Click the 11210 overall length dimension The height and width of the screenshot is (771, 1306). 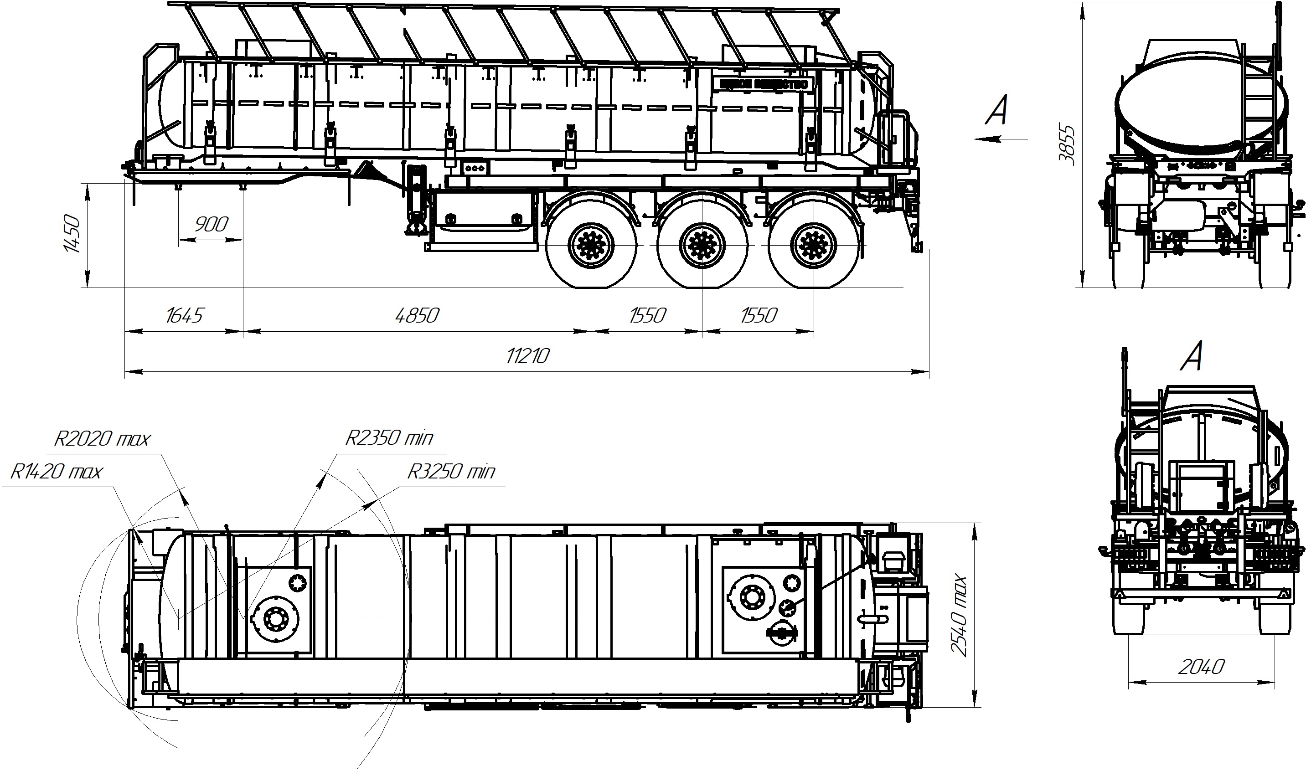[527, 356]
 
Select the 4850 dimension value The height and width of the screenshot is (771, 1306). [417, 315]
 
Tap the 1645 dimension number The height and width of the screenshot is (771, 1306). [184, 315]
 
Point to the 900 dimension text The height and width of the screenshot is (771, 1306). [211, 225]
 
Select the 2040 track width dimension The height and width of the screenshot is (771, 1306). [1201, 667]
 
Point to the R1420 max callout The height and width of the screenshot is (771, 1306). [57, 471]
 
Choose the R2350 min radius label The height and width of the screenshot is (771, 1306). [389, 438]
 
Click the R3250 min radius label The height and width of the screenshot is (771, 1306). [450, 471]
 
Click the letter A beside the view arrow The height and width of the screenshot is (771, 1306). [997, 110]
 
